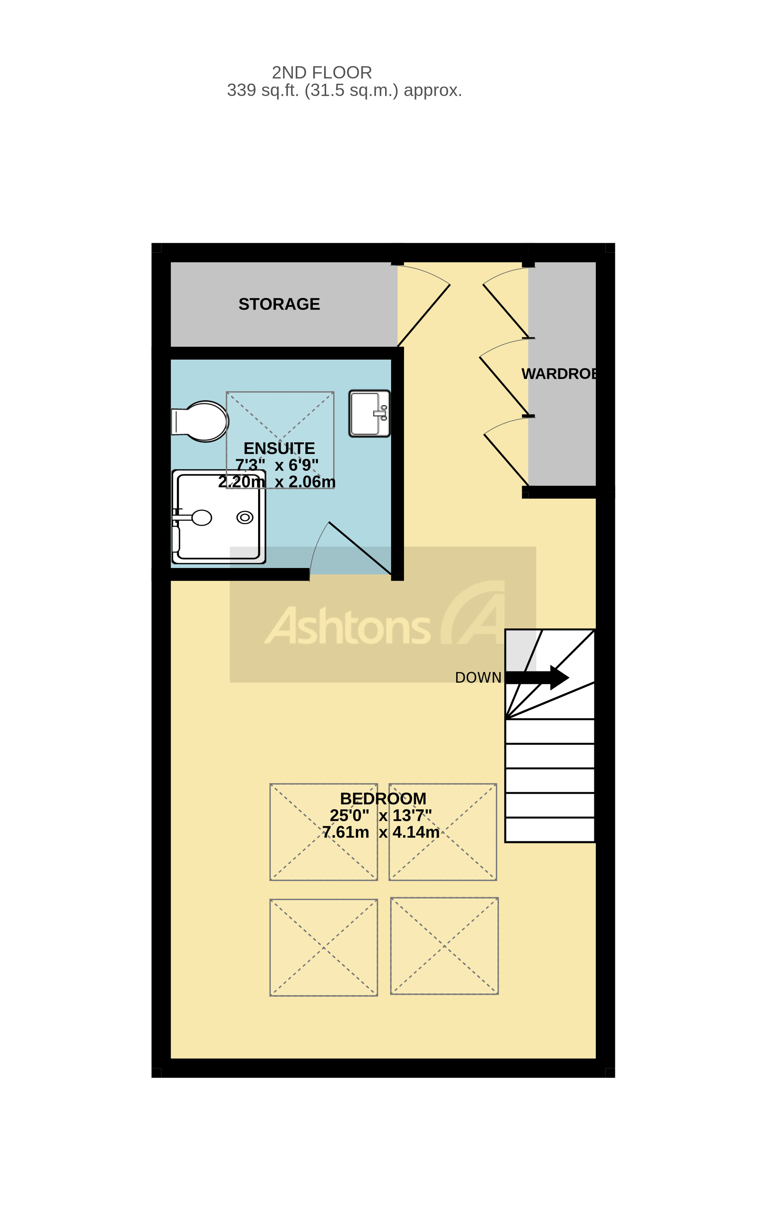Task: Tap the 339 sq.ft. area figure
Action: pos(262,91)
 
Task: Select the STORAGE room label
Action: pos(279,304)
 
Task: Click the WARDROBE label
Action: pos(560,374)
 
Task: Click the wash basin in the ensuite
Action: pos(369,414)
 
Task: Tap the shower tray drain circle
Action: pos(245,517)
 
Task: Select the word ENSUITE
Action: pos(279,449)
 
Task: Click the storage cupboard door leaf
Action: pos(424,316)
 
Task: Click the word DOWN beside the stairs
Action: pos(478,678)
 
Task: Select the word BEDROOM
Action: pos(383,799)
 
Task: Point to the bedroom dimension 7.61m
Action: pos(345,832)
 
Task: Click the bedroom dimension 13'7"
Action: pos(411,815)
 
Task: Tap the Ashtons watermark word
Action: pos(348,627)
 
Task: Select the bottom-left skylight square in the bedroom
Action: pos(323,948)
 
